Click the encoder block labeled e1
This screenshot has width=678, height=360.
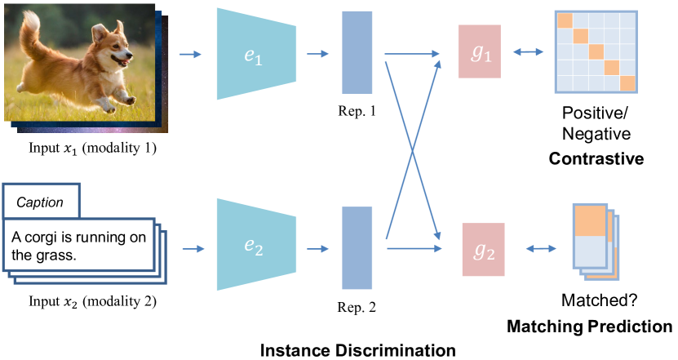coord(250,55)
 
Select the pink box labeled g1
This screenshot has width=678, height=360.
coord(479,52)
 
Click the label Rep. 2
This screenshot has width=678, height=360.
coord(357,308)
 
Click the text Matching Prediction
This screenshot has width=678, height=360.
coord(590,327)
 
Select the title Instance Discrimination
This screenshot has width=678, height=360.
coord(357,351)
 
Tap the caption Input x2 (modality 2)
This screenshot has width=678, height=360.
coord(81,303)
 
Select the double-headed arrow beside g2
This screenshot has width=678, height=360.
coord(539,249)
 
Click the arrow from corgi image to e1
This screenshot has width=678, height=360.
coord(189,55)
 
